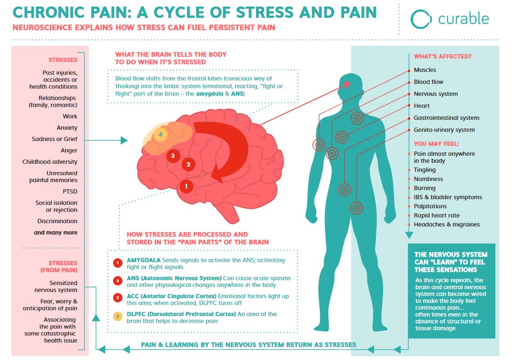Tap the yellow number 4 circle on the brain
click(160, 135)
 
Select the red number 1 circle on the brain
click(186, 186)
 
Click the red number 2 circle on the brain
click(188, 164)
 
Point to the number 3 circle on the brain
click(173, 155)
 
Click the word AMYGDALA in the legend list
click(144, 260)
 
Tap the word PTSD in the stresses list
click(69, 192)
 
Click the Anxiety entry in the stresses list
click(66, 128)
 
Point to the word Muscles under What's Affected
click(425, 70)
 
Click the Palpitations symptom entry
click(430, 206)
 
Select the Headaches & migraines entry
click(447, 225)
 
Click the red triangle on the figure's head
click(347, 85)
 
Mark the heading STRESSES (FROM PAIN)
click(63, 267)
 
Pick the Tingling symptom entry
click(424, 170)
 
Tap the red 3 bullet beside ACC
click(117, 297)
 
